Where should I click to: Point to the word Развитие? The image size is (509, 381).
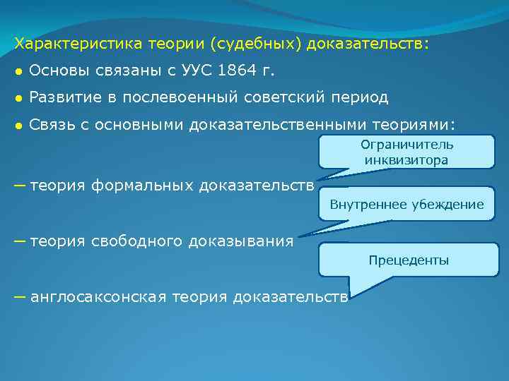point(64,97)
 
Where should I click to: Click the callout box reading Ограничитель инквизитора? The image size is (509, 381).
point(406,152)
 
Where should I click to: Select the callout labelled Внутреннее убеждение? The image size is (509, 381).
point(406,205)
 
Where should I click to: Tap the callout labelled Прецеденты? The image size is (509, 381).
point(408,260)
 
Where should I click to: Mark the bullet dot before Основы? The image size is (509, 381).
point(18,71)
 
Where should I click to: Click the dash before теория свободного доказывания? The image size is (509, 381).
point(20,241)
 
